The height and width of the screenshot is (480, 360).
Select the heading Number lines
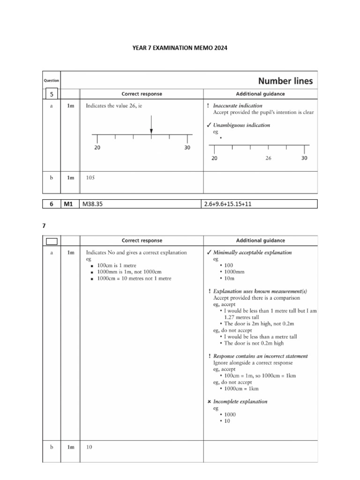(x=285, y=81)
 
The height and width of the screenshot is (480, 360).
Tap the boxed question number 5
(x=52, y=94)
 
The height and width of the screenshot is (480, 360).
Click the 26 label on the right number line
(x=268, y=158)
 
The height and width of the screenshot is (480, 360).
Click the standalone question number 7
(x=44, y=225)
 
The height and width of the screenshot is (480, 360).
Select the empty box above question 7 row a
(x=52, y=241)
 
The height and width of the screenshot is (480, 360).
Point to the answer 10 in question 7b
(x=89, y=447)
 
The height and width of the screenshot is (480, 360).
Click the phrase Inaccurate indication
(x=238, y=105)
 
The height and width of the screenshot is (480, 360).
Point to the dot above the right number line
(x=220, y=138)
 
